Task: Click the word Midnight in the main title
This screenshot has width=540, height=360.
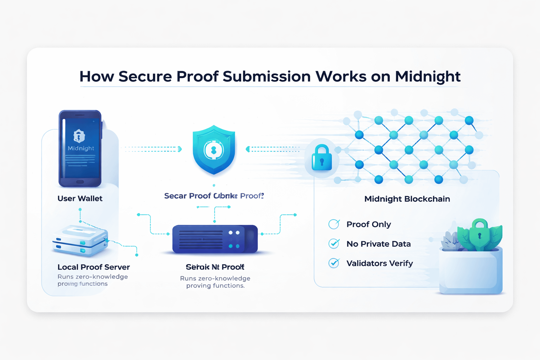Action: (x=427, y=77)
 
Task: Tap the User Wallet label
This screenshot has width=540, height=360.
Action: (x=80, y=199)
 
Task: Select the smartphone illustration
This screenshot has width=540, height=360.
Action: (x=80, y=148)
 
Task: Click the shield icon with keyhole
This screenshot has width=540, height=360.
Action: (x=214, y=150)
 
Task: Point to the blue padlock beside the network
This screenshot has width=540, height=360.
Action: (x=322, y=158)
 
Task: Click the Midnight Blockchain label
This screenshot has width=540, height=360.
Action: (x=407, y=199)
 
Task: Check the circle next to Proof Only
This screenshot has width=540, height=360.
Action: (x=334, y=224)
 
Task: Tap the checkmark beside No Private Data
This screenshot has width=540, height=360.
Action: (x=334, y=244)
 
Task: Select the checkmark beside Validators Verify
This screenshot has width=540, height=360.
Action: (x=334, y=263)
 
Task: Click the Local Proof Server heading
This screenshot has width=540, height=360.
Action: (x=94, y=267)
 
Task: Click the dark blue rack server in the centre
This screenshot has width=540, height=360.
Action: (x=215, y=239)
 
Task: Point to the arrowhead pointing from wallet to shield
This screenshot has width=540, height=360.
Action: (x=180, y=149)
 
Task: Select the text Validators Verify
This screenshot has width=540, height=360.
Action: (x=380, y=263)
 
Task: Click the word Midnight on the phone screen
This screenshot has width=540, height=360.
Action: (x=81, y=148)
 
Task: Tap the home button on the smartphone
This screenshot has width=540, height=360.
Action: (x=80, y=182)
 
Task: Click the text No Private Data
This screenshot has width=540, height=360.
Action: (x=379, y=244)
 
